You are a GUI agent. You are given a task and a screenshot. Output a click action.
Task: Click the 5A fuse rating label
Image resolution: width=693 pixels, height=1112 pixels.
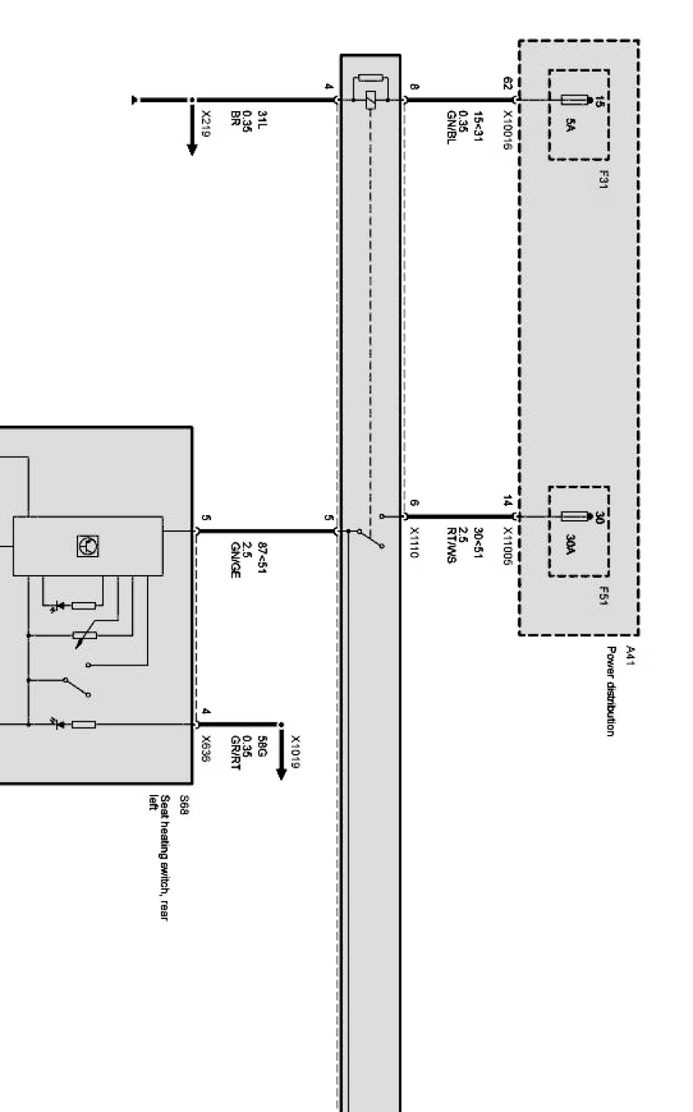point(571,126)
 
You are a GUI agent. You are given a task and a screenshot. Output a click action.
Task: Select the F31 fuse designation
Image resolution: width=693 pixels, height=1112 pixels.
point(604,180)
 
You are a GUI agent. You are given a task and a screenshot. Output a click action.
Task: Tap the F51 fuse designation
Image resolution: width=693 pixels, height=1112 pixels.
point(604,596)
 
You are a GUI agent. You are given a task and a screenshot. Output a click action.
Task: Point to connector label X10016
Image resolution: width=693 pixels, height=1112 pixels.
point(507,131)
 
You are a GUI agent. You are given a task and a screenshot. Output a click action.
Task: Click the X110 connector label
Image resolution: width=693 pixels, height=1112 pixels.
point(414,544)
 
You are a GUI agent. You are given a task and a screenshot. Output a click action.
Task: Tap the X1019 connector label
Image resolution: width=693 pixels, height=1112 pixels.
point(295,752)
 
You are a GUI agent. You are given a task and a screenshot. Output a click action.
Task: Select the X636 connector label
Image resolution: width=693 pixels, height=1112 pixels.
point(206,749)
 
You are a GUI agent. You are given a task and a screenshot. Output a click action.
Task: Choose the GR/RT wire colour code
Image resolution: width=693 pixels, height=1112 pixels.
point(235,752)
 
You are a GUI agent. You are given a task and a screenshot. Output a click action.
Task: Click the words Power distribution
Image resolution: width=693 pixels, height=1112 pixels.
point(610,691)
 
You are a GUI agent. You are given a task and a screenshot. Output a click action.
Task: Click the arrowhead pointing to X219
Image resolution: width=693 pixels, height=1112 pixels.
point(192,150)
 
